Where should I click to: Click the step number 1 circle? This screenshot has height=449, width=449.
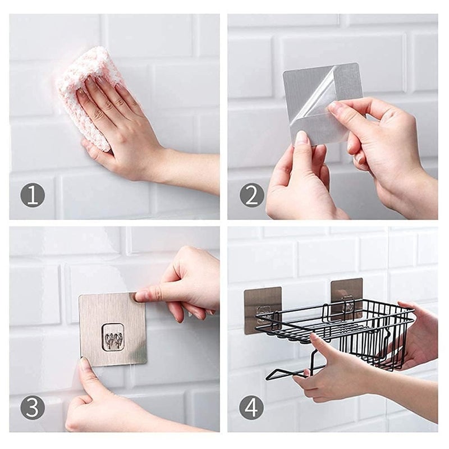pos(33,195)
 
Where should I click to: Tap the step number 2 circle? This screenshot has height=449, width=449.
pos(251,195)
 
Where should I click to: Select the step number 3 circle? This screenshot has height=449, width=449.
pos(33,408)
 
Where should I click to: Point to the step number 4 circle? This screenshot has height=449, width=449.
pos(251,408)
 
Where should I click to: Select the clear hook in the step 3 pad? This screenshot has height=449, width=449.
pos(113,337)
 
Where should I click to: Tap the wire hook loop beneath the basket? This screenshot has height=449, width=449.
pos(286,373)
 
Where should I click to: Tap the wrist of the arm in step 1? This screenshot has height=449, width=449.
pos(168,163)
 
